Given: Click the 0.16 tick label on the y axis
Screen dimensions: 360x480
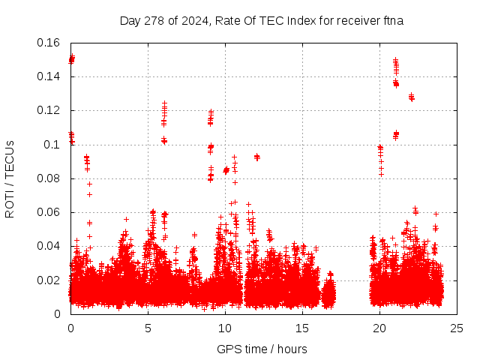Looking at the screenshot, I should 50,43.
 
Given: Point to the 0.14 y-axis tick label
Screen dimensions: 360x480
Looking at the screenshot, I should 50,76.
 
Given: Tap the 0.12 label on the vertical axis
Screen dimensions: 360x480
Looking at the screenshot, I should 50,110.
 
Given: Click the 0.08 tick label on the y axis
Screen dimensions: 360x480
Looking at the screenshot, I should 50,178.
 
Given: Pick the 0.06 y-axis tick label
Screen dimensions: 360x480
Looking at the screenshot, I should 50,212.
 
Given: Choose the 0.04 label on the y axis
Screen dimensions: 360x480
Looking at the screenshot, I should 50,246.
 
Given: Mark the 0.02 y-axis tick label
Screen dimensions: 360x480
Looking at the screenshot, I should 50,280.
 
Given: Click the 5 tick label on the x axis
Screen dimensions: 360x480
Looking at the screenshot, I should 148,328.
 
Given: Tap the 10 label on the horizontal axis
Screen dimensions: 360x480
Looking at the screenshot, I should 225,328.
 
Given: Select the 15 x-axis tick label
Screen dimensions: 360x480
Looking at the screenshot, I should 302,328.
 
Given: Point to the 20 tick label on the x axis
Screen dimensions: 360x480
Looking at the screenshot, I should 379,328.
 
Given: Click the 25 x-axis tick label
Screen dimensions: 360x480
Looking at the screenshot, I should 457,328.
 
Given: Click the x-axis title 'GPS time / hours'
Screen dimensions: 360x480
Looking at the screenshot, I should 262,349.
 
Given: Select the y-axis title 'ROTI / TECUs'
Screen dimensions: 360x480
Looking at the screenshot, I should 10,178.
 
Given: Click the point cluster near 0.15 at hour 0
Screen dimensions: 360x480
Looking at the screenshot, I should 72,58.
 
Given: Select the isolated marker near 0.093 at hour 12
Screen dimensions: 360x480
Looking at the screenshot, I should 257,157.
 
